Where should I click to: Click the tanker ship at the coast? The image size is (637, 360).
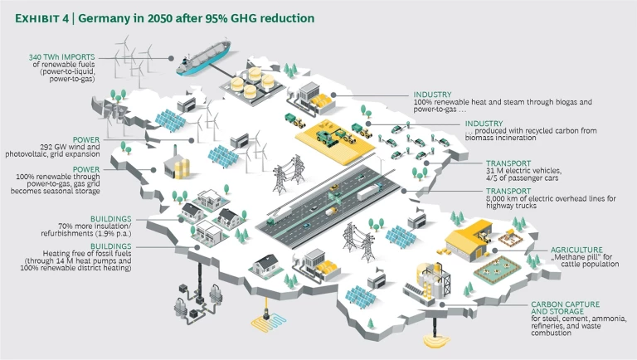pos(203,58)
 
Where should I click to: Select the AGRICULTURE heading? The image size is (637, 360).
pos(576,250)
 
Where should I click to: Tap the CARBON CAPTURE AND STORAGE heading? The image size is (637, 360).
pos(565,308)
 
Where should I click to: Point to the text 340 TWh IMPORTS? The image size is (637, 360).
pos(61,57)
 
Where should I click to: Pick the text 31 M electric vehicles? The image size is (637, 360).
pos(523,171)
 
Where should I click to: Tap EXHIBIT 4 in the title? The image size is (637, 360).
pos(41,19)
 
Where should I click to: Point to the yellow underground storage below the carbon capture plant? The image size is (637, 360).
pos(436,340)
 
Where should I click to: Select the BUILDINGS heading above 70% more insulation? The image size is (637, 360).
pos(111,219)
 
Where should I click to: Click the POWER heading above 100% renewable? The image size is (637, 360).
pos(86,169)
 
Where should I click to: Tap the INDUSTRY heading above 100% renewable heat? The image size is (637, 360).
pos(432,95)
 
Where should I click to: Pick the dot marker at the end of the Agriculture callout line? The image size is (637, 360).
pos(495,251)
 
